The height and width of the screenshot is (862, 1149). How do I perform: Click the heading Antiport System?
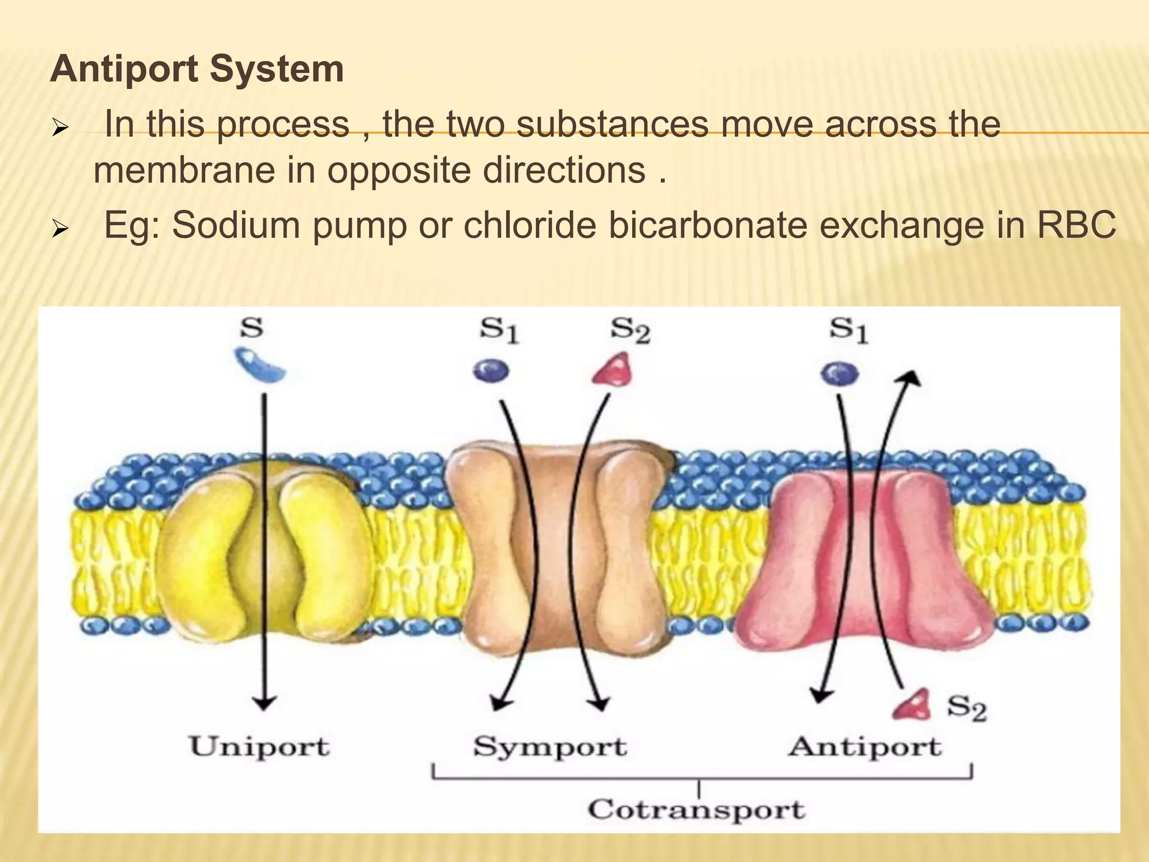click(x=197, y=70)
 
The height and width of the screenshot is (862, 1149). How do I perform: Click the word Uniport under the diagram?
click(x=259, y=747)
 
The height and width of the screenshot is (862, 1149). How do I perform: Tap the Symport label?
click(x=550, y=747)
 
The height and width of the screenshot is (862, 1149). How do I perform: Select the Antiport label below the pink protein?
click(x=865, y=747)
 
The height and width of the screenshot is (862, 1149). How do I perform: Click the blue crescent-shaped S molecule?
click(x=259, y=365)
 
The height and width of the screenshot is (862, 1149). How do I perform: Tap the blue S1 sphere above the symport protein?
click(x=491, y=370)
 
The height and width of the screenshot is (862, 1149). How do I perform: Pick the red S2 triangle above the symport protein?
click(x=613, y=369)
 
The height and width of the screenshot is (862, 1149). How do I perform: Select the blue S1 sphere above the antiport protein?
click(x=839, y=373)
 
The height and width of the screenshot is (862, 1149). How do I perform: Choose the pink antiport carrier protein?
click(x=864, y=561)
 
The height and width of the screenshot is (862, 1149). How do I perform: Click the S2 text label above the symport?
click(x=629, y=331)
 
